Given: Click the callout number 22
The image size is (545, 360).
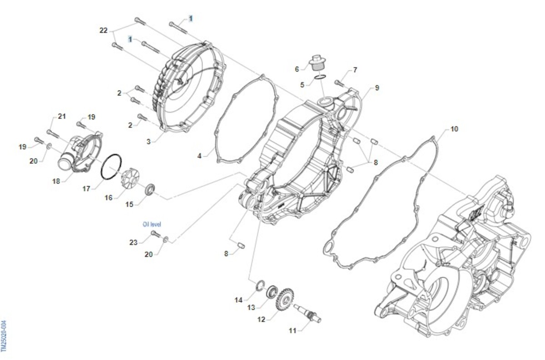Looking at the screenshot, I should (x=104, y=30).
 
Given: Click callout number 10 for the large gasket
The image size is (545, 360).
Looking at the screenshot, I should (x=454, y=129).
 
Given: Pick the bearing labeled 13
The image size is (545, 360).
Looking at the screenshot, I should (x=272, y=290).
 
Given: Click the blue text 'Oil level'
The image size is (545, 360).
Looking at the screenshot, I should (x=152, y=224).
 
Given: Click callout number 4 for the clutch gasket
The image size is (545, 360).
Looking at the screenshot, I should (x=199, y=156).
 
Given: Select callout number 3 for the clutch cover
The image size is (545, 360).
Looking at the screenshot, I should (x=148, y=142).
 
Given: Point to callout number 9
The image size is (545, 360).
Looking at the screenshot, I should (x=377, y=88).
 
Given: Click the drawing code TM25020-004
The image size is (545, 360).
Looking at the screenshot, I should (x=4, y=335).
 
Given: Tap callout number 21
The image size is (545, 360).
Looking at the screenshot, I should (x=62, y=117).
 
